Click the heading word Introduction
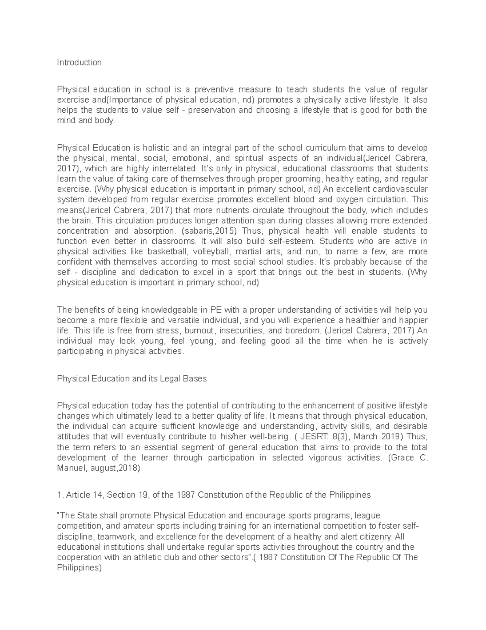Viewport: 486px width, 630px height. (79, 62)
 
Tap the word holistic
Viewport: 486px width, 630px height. (156, 148)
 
